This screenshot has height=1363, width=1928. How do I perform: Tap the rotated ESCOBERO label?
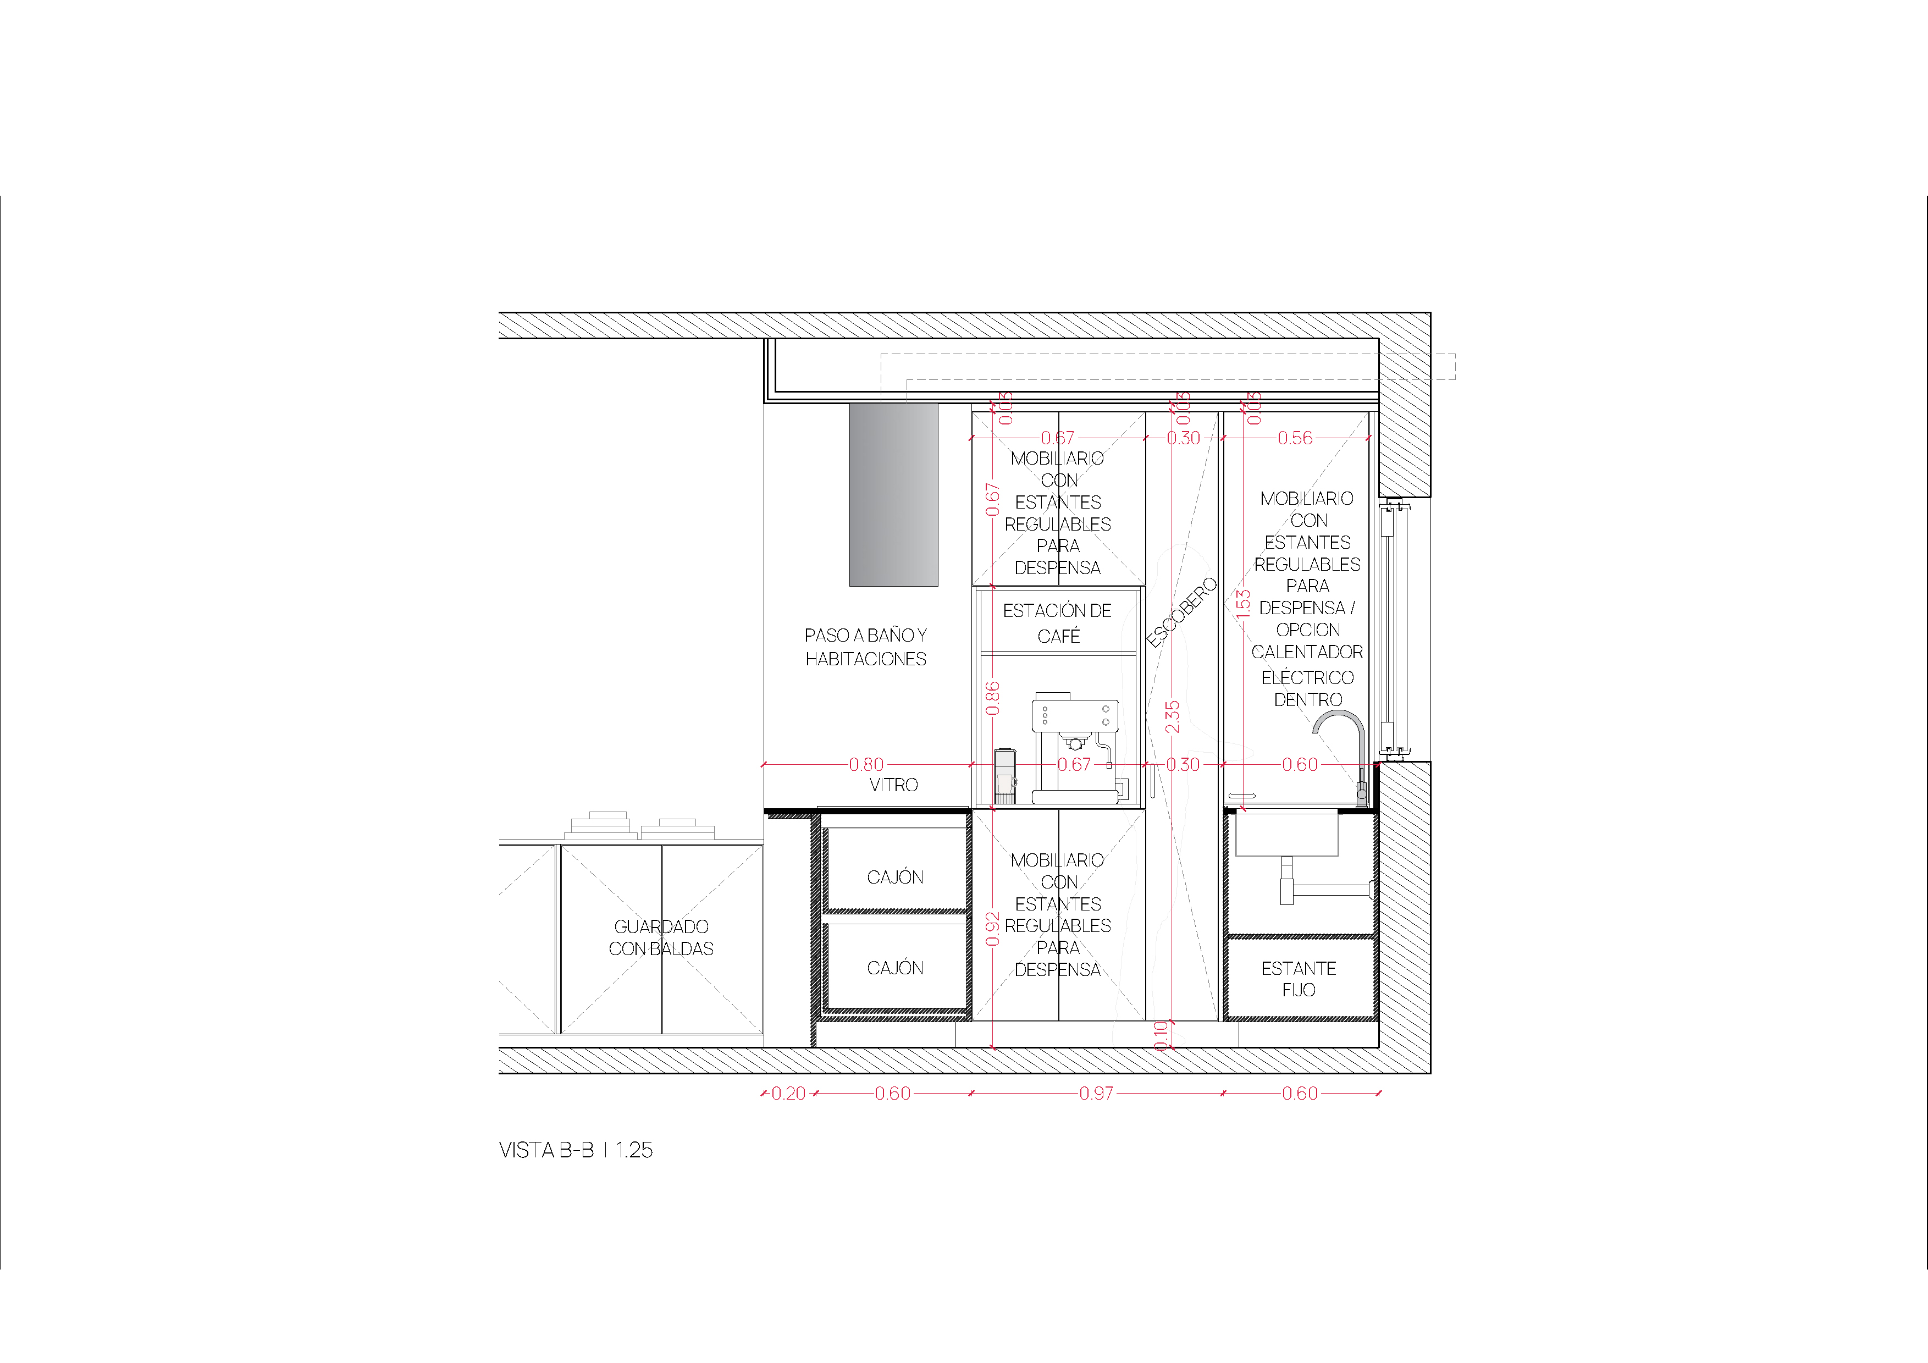pyautogui.click(x=1181, y=612)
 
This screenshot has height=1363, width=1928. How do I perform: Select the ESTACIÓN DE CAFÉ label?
pyautogui.click(x=1057, y=623)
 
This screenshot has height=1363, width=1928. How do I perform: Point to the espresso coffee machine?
pyautogui.click(x=1075, y=747)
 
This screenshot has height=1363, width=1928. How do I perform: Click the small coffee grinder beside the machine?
pyautogui.click(x=1005, y=776)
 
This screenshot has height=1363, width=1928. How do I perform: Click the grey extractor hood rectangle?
pyautogui.click(x=893, y=495)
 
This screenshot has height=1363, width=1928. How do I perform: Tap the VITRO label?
pyautogui.click(x=893, y=785)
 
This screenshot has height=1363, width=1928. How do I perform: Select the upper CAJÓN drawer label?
pyautogui.click(x=895, y=877)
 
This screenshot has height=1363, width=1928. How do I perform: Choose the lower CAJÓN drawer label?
pyautogui.click(x=895, y=968)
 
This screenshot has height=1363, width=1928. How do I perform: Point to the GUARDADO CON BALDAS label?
pyautogui.click(x=661, y=937)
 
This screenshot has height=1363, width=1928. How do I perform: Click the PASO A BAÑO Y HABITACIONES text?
pyautogui.click(x=866, y=647)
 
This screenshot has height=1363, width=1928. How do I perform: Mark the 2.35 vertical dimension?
pyautogui.click(x=1172, y=716)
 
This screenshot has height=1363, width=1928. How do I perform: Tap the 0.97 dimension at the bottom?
pyautogui.click(x=1096, y=1094)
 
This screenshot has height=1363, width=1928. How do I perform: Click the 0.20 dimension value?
pyautogui.click(x=788, y=1094)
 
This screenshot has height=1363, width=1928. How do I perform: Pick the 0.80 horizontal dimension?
pyautogui.click(x=866, y=764)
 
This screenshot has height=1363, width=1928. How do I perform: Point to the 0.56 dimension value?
pyautogui.click(x=1295, y=438)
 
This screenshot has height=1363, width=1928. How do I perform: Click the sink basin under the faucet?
pyautogui.click(x=1286, y=834)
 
